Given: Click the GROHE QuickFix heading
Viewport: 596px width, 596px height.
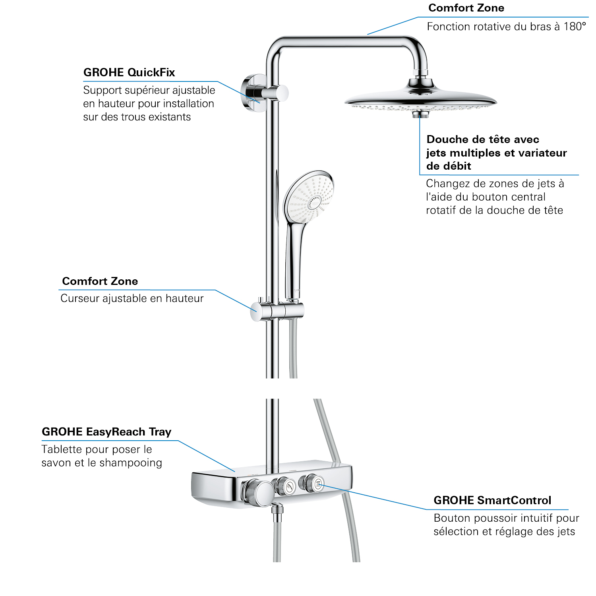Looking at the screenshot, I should point(129,72).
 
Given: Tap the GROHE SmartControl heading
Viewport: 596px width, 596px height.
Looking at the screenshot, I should point(492,500).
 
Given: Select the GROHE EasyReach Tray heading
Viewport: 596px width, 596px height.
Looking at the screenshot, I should point(106,432).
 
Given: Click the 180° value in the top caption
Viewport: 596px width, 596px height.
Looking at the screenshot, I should point(575,27).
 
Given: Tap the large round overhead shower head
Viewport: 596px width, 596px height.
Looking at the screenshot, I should point(420,99).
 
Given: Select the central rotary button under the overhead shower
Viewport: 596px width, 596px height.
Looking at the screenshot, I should point(420,114).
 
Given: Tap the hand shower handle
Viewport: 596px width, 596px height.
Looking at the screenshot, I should point(294,254).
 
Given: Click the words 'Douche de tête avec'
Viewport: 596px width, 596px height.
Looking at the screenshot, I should point(482,139).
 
